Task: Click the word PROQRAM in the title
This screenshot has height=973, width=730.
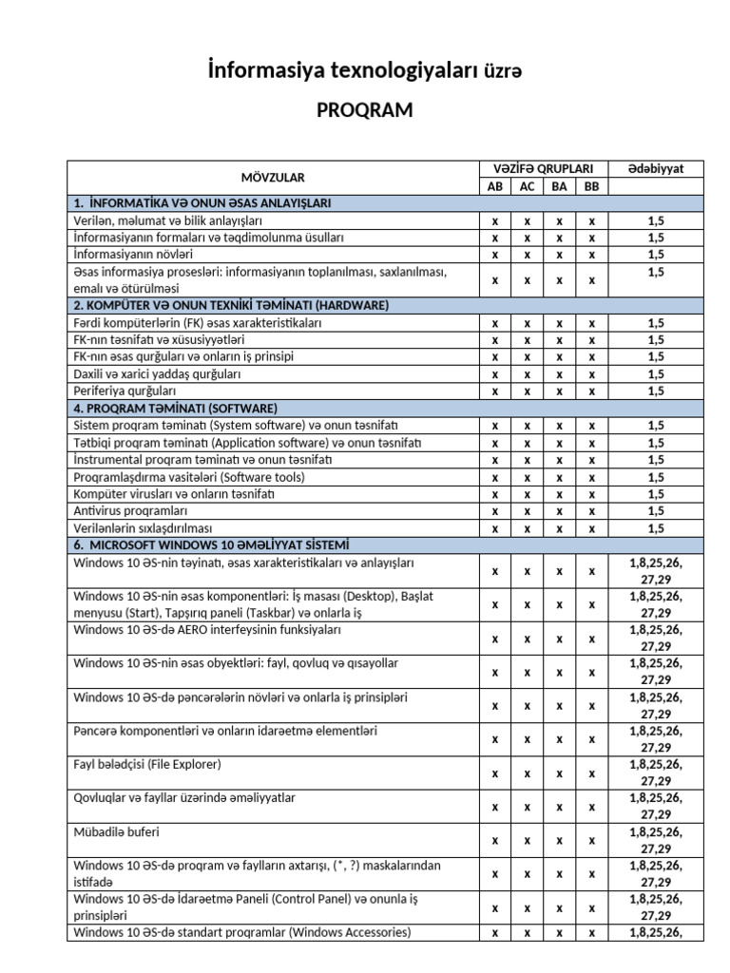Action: point(364,110)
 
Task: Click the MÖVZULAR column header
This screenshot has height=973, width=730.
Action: point(274,177)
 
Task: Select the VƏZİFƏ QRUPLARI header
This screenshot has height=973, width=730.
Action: point(544,168)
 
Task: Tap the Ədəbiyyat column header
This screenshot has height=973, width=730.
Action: point(655,168)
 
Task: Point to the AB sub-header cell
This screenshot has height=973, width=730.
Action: point(495,186)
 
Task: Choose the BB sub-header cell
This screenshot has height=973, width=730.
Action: point(591,186)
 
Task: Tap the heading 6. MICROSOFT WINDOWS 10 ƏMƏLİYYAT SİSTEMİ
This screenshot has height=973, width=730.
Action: point(211,545)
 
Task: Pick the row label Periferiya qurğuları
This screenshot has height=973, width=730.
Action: point(125,391)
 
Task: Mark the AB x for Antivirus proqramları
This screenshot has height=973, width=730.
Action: point(495,511)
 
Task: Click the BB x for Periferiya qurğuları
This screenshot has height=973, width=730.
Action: point(591,391)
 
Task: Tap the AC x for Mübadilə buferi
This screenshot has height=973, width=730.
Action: point(527,840)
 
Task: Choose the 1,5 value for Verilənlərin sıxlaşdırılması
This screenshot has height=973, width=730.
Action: point(655,528)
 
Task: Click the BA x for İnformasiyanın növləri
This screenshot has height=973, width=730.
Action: point(559,255)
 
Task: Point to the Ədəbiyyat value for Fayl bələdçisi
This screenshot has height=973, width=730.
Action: point(655,772)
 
